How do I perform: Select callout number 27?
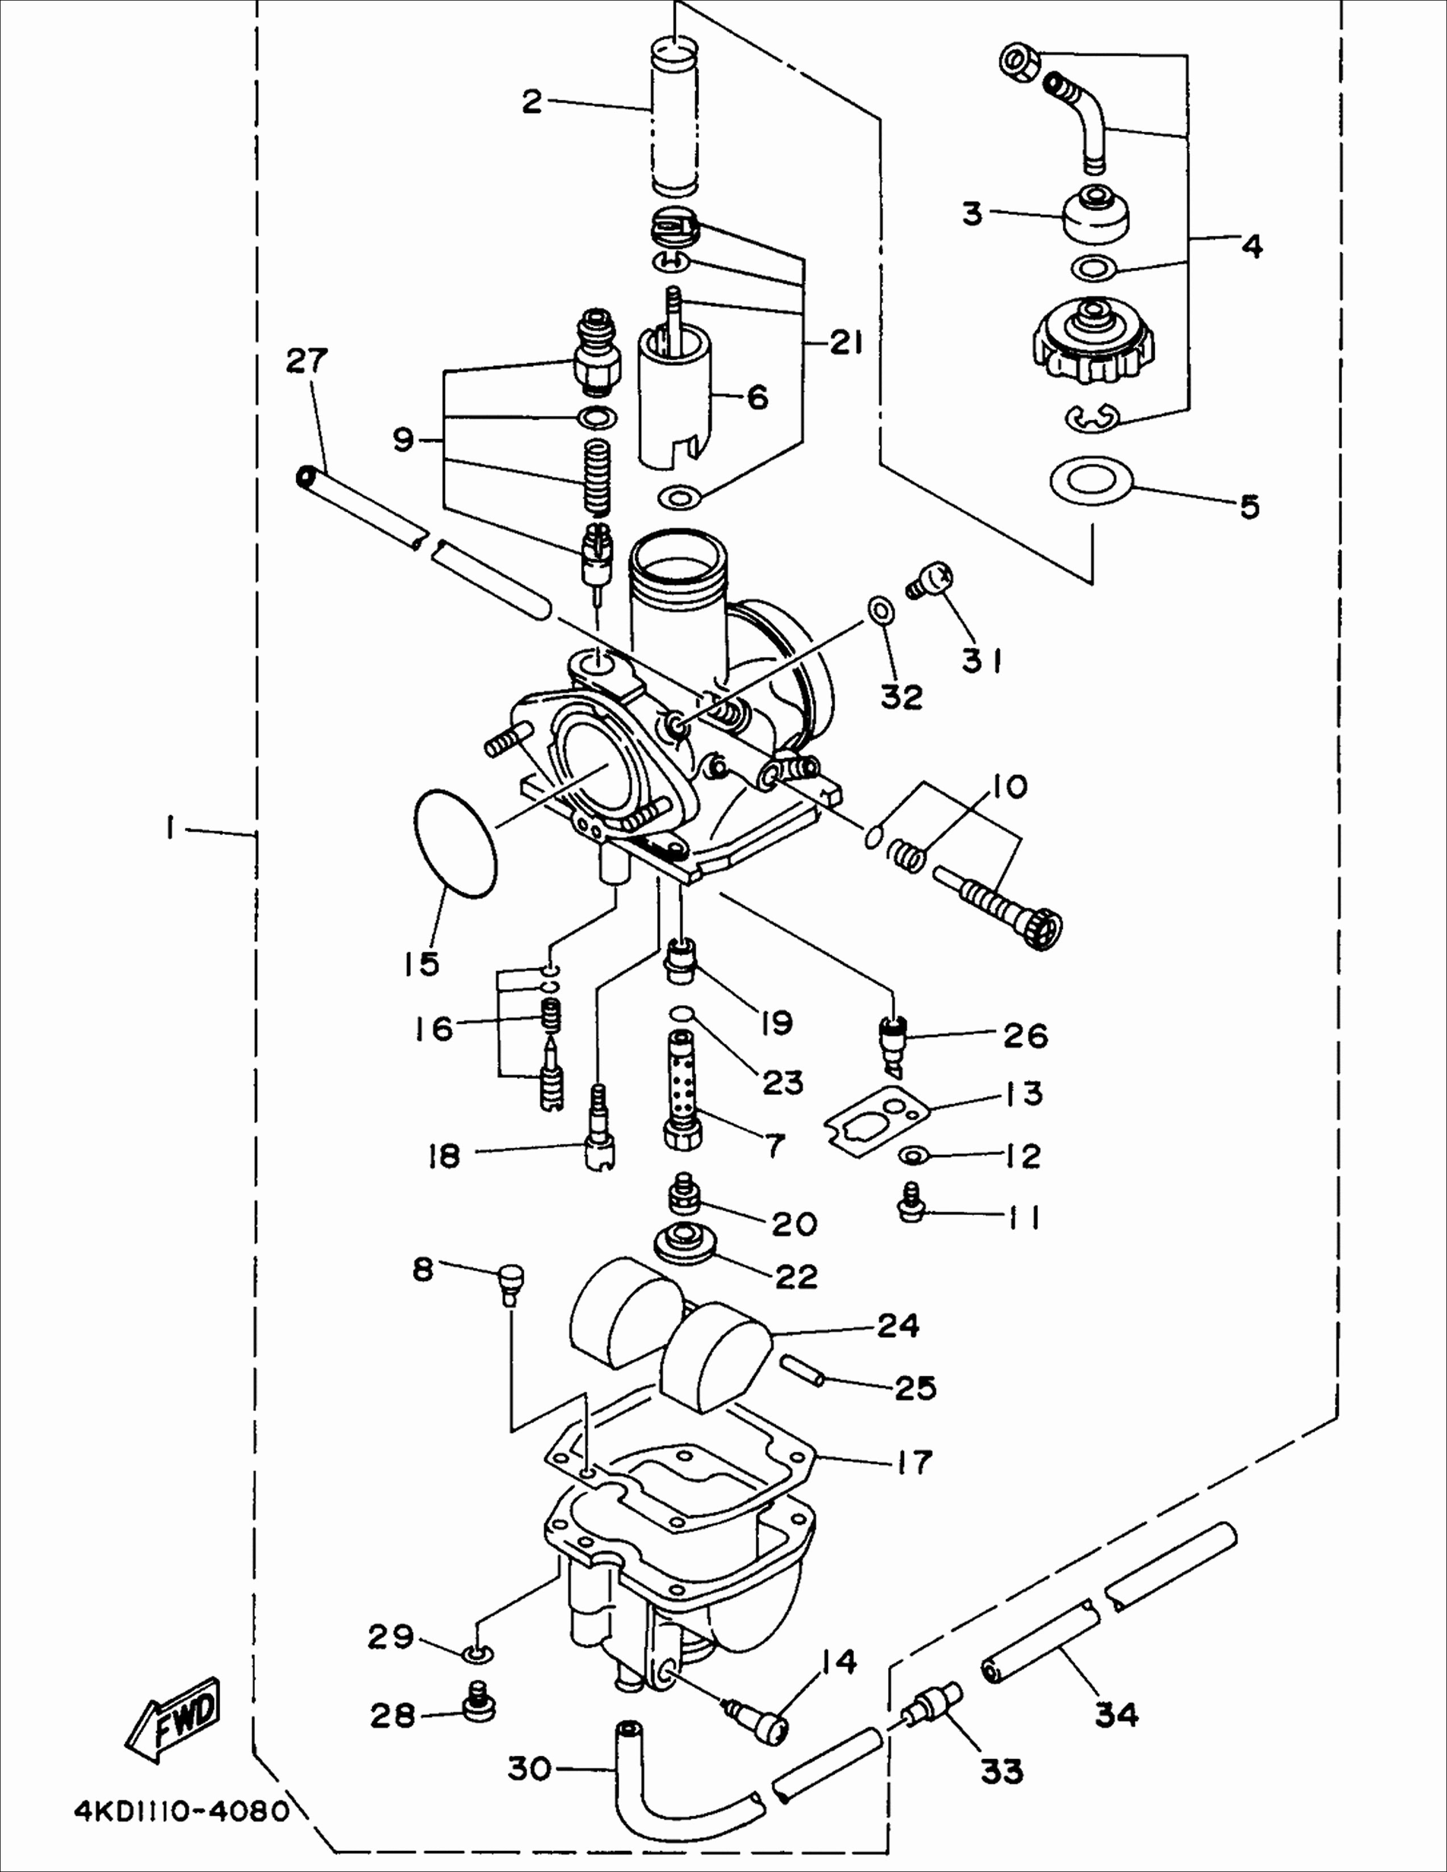tap(307, 360)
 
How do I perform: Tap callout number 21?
tap(846, 344)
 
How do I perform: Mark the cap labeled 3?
tap(1096, 217)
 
